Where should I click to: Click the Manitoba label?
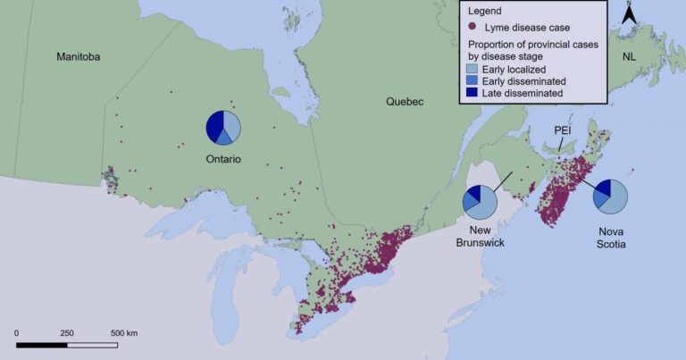point(79,57)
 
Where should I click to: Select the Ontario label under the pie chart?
point(222,160)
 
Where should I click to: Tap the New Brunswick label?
point(480,236)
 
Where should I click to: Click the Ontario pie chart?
point(223,128)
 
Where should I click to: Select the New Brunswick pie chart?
point(480,202)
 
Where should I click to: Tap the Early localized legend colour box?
point(473,69)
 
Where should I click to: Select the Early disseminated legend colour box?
point(473,80)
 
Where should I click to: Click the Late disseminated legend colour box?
point(473,92)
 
